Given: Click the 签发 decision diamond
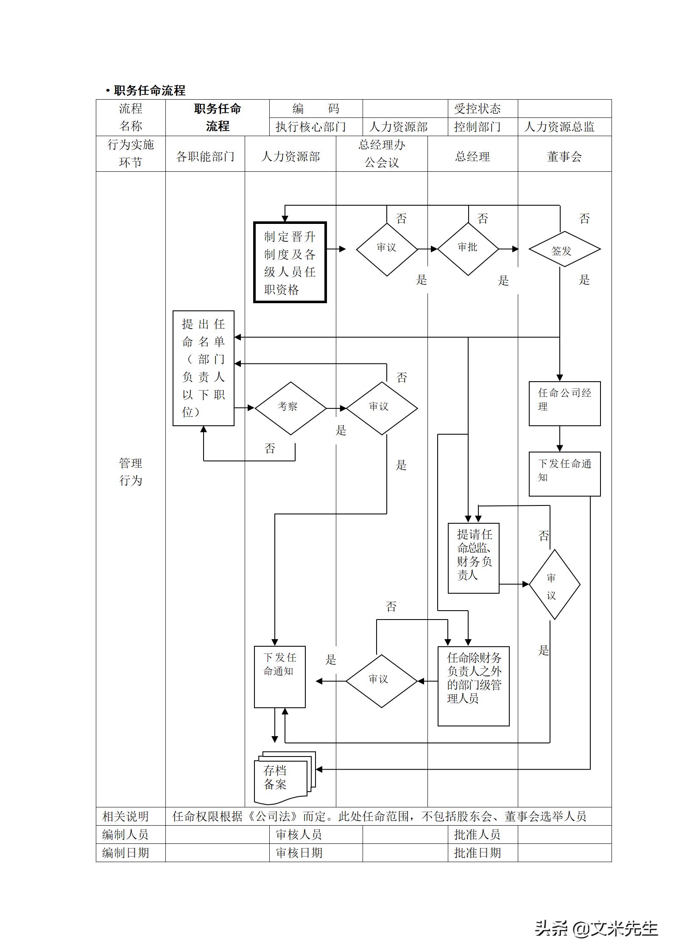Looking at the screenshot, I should pos(564,249).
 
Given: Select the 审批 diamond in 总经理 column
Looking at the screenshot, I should pos(468,249).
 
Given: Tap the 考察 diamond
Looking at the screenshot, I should pos(290,408).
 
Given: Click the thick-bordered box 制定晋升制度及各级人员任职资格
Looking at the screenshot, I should pos(290,262).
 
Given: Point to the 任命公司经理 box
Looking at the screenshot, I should pos(564,403).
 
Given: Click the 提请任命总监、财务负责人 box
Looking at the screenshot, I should pos(474,558).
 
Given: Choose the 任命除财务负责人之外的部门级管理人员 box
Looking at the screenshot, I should pos(473,685).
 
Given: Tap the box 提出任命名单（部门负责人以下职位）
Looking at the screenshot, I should pos(204,368).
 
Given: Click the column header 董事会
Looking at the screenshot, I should pos(564,157).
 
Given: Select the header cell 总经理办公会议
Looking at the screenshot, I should pos(382,154).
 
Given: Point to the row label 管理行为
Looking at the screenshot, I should pos(131,472).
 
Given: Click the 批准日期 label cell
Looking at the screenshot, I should pos(478,852).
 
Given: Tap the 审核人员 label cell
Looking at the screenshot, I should pos(299,835).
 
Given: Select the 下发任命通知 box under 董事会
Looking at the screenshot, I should pos(564,474).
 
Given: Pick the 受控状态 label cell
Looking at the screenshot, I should pos(478,109).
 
